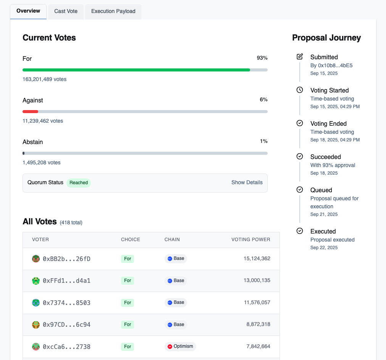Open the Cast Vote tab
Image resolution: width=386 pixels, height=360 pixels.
point(66,11)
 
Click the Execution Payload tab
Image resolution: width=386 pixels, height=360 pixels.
point(113,11)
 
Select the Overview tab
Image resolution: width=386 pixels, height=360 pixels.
point(28,11)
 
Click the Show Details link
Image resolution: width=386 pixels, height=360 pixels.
point(247,183)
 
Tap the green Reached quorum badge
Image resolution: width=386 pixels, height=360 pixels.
point(79,183)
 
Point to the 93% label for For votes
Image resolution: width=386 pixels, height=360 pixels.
point(262,58)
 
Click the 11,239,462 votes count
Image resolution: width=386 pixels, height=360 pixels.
point(43,121)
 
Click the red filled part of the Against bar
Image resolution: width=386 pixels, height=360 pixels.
point(30,112)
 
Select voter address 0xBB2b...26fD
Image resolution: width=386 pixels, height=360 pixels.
point(66,259)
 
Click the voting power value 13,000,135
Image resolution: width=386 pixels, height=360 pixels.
point(257,281)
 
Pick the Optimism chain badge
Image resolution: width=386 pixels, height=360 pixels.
point(180,347)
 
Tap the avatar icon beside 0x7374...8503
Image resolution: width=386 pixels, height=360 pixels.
point(36,303)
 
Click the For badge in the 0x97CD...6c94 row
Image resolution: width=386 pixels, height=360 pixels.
point(128,324)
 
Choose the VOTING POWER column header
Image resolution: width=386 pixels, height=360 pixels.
point(250,240)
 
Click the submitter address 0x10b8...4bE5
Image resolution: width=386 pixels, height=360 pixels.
point(331,65)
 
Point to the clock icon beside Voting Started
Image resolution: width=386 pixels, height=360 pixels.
point(300,90)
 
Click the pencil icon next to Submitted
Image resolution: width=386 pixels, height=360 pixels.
point(300,57)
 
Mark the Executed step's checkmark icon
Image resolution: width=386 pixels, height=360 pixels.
point(300,231)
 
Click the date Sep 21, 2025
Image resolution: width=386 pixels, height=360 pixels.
point(324,214)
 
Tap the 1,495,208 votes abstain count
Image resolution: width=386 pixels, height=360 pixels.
point(42,163)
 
